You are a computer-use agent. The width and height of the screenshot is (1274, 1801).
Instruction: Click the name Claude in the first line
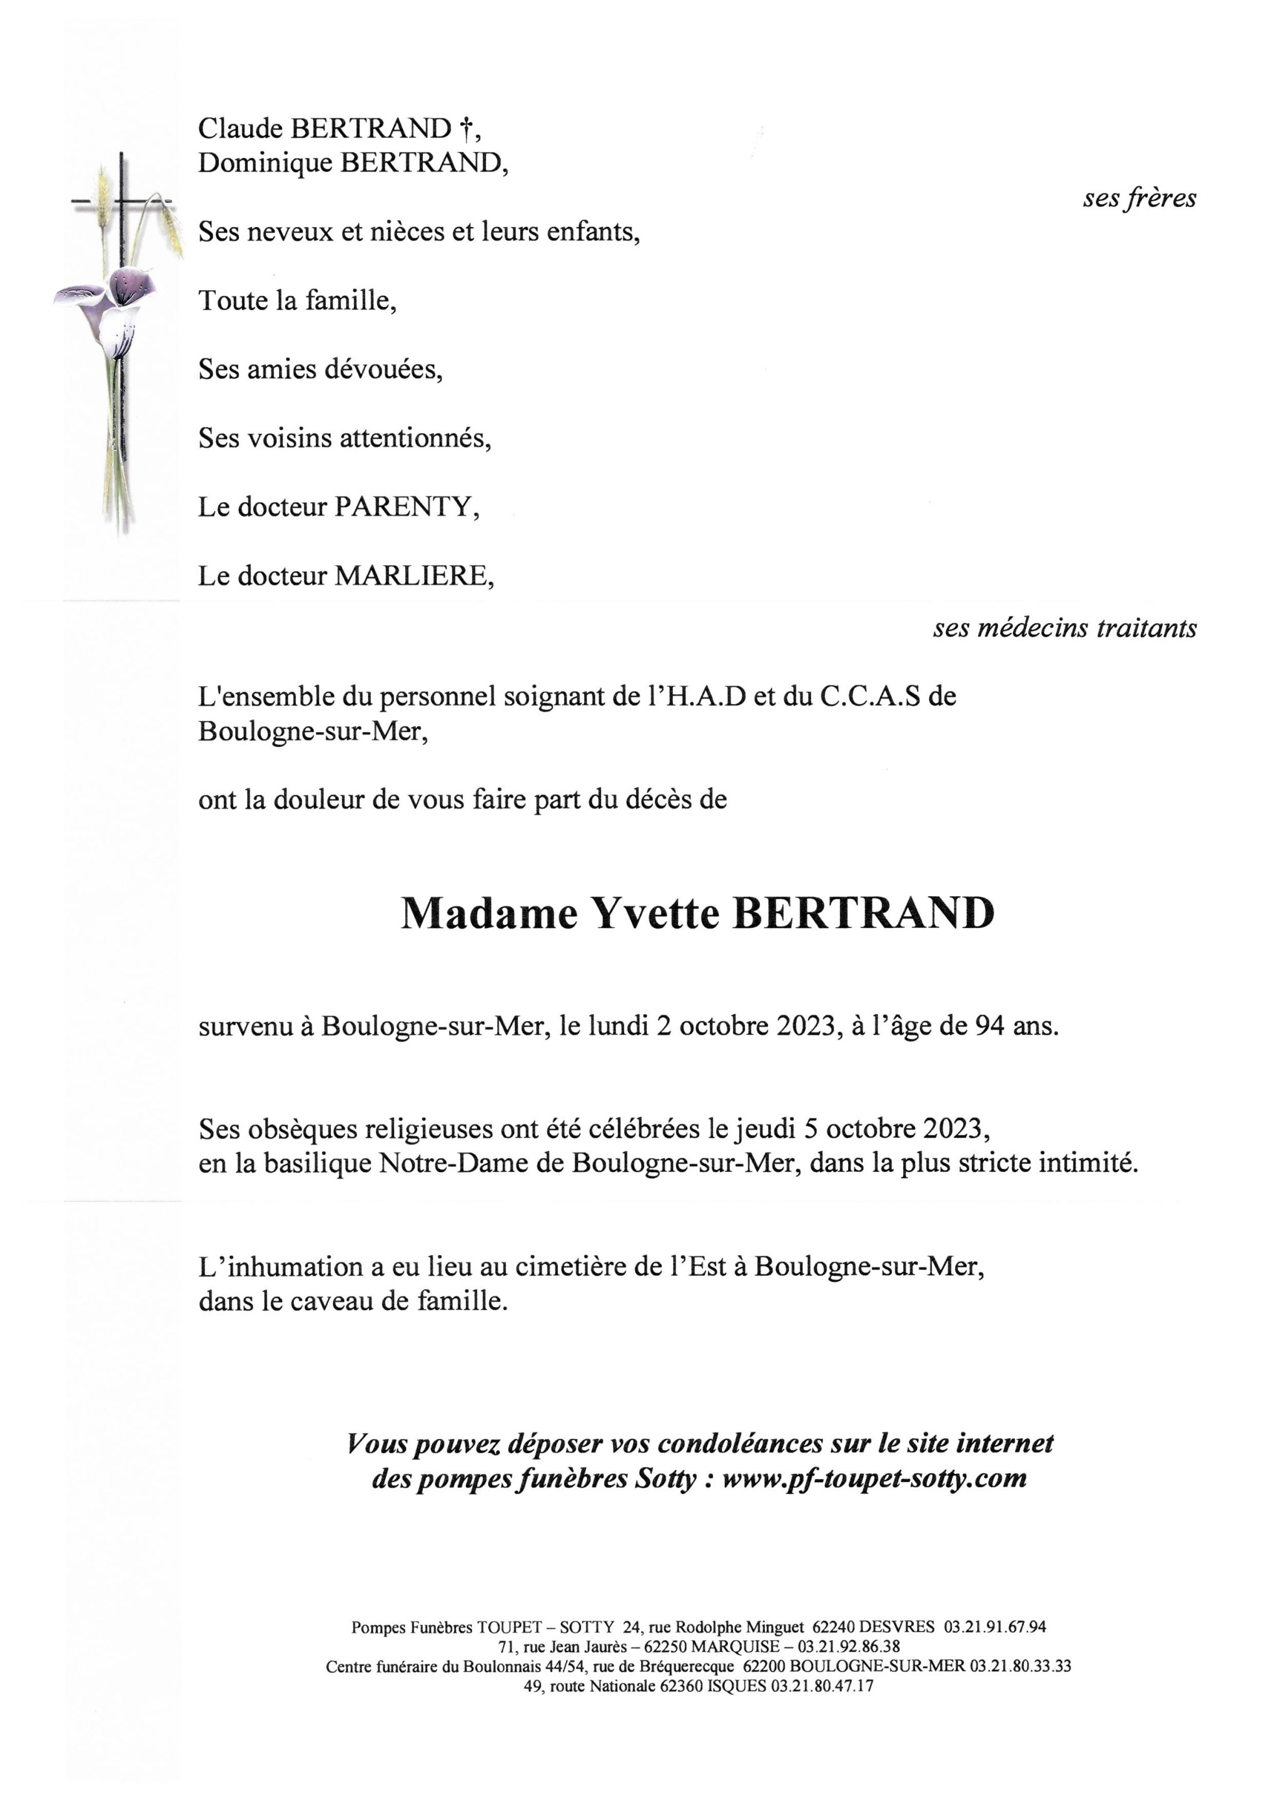pos(241,128)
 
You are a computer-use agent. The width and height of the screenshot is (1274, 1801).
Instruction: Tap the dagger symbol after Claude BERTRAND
pos(466,128)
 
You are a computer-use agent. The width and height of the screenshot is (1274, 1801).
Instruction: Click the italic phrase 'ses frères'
pos(1139,198)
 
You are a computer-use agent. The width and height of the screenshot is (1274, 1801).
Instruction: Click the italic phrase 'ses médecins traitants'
pos(1064,627)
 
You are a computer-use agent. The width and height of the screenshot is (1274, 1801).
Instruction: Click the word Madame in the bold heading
pos(488,913)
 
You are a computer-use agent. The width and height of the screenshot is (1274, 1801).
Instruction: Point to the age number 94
pos(989,1027)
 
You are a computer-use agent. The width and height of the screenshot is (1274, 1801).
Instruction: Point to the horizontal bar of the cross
pos(121,203)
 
